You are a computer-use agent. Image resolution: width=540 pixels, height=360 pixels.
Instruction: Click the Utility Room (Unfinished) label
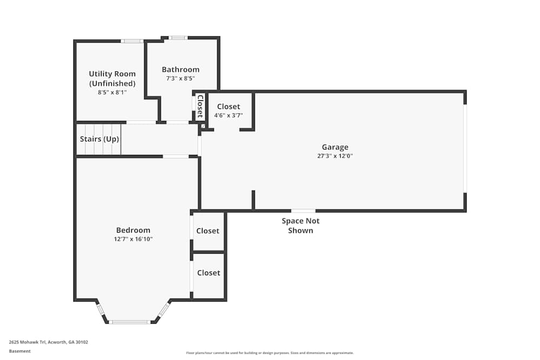(x=112, y=78)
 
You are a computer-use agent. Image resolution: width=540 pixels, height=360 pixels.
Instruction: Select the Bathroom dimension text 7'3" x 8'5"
(x=180, y=78)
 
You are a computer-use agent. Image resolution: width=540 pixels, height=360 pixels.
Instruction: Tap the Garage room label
(x=335, y=147)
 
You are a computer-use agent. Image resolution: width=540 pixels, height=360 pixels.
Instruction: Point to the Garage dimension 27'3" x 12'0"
(x=335, y=156)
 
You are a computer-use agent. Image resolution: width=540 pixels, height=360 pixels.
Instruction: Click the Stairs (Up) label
(x=99, y=139)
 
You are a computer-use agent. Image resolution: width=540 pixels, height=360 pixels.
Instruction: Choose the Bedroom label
(x=133, y=230)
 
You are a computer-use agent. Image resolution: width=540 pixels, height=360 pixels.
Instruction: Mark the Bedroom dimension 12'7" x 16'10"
(x=133, y=239)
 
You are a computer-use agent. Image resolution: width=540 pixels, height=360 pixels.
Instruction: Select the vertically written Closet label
(x=199, y=106)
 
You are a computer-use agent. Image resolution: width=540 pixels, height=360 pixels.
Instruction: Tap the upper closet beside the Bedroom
(x=208, y=230)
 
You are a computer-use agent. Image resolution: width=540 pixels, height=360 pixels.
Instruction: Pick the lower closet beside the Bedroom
(x=208, y=273)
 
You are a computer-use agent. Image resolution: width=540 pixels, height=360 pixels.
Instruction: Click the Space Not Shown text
(x=301, y=226)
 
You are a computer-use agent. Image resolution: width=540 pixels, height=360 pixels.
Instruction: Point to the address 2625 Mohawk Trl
(x=48, y=342)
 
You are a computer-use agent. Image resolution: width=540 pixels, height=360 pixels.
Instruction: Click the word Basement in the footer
(x=19, y=351)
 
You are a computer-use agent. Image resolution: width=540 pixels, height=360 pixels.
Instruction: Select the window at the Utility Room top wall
(x=132, y=40)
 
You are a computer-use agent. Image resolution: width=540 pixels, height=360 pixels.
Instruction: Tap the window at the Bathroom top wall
(x=178, y=38)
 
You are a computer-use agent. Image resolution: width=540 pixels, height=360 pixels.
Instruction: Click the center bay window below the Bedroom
(x=130, y=322)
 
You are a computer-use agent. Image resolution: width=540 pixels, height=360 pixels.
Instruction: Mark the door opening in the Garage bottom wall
(x=303, y=210)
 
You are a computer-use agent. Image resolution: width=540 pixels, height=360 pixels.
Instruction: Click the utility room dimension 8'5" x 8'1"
(x=112, y=92)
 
